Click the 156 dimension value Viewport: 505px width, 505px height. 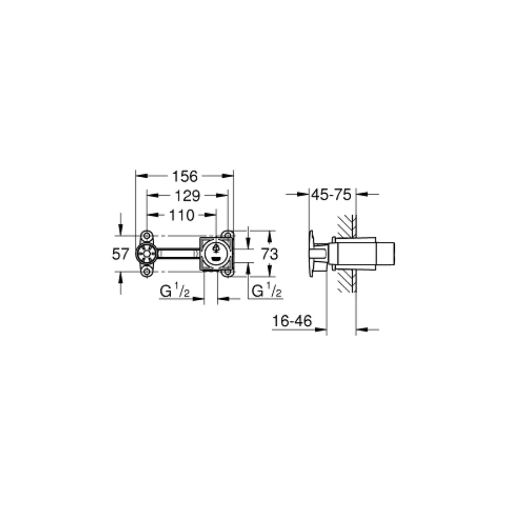pyautogui.click(x=185, y=176)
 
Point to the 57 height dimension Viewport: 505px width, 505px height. pyautogui.click(x=120, y=254)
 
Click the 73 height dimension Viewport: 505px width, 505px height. pyautogui.click(x=269, y=254)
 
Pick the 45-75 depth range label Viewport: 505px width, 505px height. pyautogui.click(x=331, y=195)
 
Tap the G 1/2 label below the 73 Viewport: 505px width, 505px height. pyautogui.click(x=267, y=292)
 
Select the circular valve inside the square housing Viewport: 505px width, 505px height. pyautogui.click(x=216, y=253)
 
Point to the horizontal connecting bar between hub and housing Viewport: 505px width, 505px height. pyautogui.click(x=178, y=254)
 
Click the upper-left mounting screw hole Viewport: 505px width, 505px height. pyautogui.click(x=147, y=235)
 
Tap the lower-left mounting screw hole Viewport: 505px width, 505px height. pyautogui.click(x=147, y=272)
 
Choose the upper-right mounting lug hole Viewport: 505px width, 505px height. pyautogui.click(x=227, y=235)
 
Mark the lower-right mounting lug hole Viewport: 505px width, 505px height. pyautogui.click(x=227, y=272)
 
